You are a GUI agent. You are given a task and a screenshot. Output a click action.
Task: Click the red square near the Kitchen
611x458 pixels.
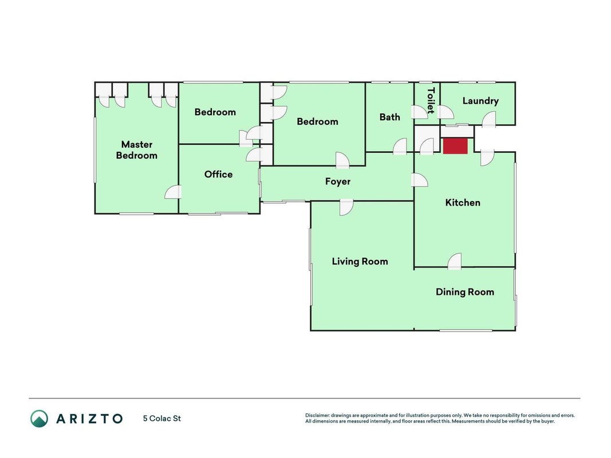click(x=455, y=146)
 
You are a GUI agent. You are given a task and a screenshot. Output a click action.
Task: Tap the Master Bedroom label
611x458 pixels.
click(x=137, y=150)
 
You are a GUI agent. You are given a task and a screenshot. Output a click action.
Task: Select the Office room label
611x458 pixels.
click(x=218, y=174)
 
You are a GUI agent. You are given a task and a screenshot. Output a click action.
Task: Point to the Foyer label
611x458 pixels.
click(x=338, y=181)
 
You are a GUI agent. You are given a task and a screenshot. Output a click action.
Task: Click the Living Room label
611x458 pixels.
click(x=360, y=261)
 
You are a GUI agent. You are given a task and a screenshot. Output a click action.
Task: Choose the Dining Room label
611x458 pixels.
click(x=465, y=292)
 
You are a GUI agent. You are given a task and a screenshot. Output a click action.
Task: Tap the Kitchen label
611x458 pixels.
click(x=463, y=203)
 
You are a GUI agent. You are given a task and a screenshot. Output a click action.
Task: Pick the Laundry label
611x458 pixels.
click(x=480, y=101)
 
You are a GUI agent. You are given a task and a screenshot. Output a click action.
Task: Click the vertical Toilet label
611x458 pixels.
click(x=431, y=101)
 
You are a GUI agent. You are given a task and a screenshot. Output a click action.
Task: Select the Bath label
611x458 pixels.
click(x=389, y=117)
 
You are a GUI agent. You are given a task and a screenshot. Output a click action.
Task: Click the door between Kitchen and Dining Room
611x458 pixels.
click(x=454, y=261)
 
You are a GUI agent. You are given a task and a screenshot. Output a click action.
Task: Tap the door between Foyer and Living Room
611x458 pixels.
click(x=346, y=207)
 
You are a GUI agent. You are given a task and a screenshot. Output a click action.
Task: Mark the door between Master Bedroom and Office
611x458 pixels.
click(x=173, y=192)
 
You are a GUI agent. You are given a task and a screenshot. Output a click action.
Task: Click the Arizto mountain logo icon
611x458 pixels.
click(x=40, y=418)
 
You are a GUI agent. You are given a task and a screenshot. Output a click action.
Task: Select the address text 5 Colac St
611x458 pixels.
click(x=161, y=418)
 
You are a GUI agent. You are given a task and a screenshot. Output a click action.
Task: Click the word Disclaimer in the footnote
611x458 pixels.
click(x=317, y=416)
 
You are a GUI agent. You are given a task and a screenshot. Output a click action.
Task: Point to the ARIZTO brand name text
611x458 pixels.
click(x=90, y=418)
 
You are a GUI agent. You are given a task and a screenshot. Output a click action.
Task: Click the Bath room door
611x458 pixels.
click(x=400, y=147)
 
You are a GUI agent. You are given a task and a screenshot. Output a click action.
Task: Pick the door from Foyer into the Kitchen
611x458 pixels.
click(x=420, y=180)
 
